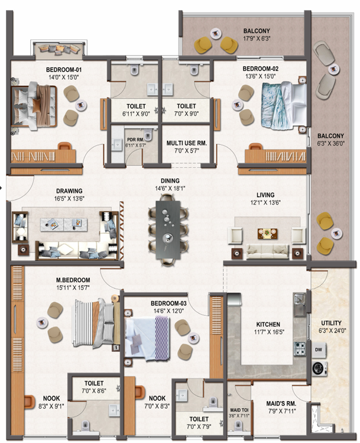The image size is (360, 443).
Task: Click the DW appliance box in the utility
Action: (x=319, y=350)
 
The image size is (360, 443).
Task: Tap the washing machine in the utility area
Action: (x=319, y=368)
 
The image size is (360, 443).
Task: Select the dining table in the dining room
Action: (x=168, y=230)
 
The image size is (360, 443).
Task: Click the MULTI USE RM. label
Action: (x=187, y=143)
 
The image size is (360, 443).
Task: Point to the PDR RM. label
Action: (x=135, y=140)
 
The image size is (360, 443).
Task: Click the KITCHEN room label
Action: (x=268, y=324)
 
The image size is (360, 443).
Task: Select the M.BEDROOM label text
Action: (x=73, y=280)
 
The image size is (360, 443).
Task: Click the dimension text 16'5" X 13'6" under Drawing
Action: (x=69, y=199)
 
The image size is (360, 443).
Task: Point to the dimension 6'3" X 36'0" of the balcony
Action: (x=330, y=144)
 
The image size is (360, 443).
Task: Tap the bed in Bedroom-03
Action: (x=147, y=338)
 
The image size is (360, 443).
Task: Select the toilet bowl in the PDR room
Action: (x=148, y=134)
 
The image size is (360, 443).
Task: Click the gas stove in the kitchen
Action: (x=300, y=349)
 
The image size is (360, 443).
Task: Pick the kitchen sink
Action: (x=300, y=304)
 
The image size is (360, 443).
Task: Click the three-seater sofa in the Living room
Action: (x=268, y=251)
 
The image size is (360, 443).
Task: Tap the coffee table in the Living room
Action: (x=267, y=234)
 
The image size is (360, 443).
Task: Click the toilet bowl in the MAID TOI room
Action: (x=239, y=425)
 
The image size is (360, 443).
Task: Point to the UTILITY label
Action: (x=331, y=323)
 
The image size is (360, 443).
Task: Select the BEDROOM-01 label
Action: (x=64, y=70)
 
